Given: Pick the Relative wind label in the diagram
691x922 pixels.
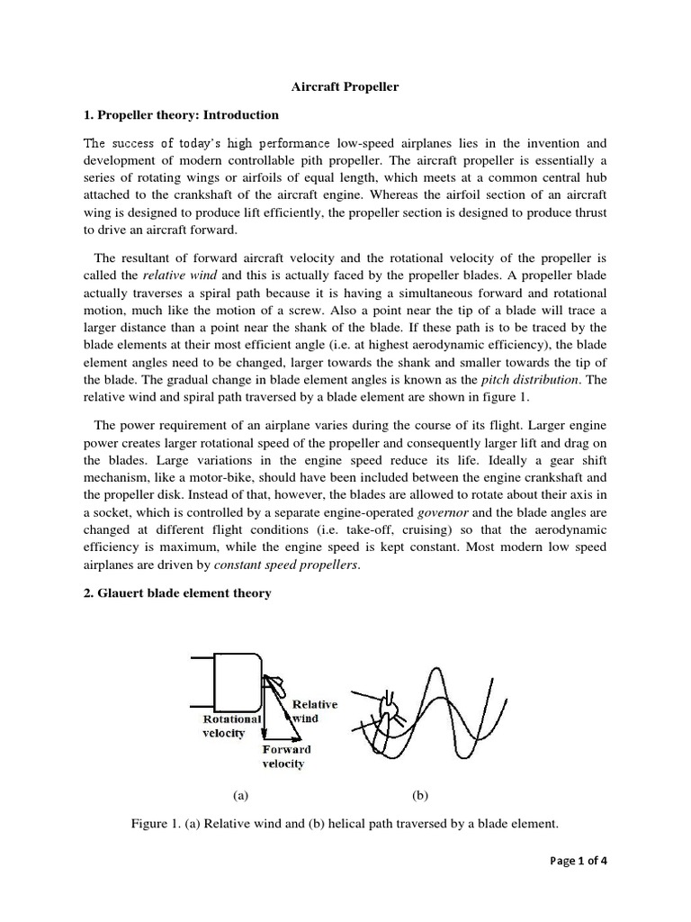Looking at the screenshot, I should point(312,711).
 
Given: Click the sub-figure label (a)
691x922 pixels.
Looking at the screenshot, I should point(239,795).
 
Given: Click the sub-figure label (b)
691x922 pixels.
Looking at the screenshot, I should point(419,795).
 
